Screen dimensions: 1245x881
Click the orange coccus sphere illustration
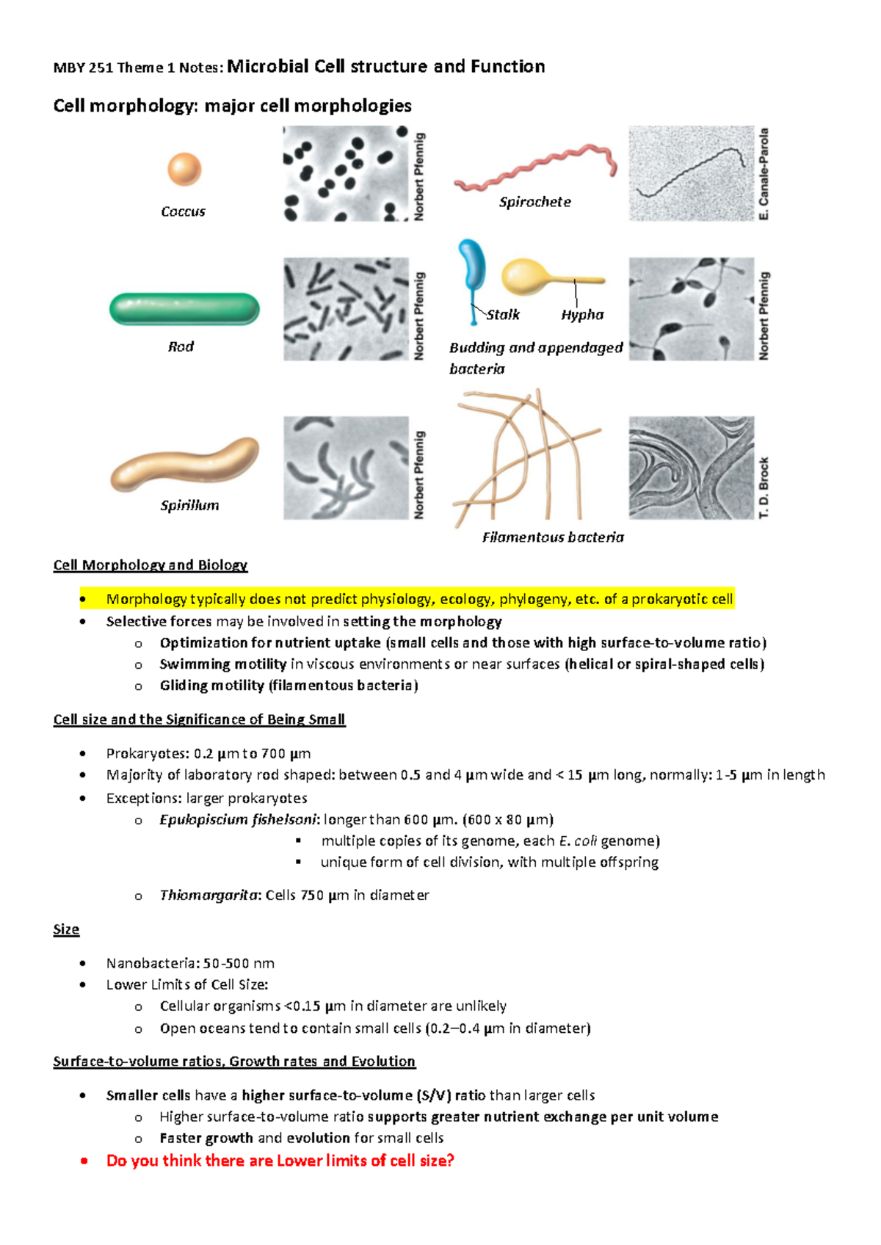pyautogui.click(x=184, y=170)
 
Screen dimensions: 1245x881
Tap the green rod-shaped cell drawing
pyautogui.click(x=184, y=309)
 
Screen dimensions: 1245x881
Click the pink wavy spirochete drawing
pyautogui.click(x=535, y=168)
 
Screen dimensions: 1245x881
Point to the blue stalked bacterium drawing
pyautogui.click(x=471, y=272)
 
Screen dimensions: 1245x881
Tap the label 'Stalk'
pyautogui.click(x=503, y=315)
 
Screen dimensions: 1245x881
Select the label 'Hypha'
pyautogui.click(x=582, y=315)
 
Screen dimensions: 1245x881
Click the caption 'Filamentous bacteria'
pyautogui.click(x=553, y=537)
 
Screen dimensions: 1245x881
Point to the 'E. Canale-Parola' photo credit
pyautogui.click(x=764, y=174)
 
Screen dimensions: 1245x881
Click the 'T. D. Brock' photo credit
pyautogui.click(x=764, y=487)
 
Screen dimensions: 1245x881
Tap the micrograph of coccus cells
pyautogui.click(x=346, y=173)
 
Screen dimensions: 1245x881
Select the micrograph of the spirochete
pyautogui.click(x=691, y=173)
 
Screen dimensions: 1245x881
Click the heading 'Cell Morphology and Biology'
pyautogui.click(x=151, y=565)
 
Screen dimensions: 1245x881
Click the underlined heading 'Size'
pyautogui.click(x=66, y=929)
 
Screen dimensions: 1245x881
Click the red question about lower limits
pyautogui.click(x=280, y=1161)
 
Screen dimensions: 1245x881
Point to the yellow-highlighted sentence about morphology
pyautogui.click(x=419, y=599)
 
